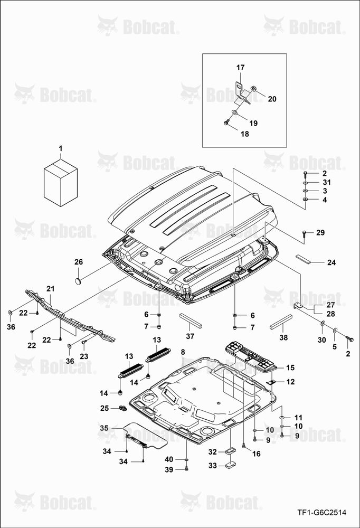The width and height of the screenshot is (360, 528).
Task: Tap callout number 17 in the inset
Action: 240,68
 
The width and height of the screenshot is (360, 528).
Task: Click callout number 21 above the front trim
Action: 50,289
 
